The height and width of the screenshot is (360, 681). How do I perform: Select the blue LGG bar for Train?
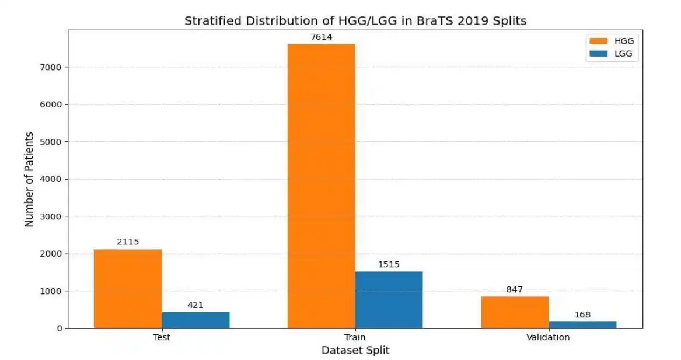click(389, 300)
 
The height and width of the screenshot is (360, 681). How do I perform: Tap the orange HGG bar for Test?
click(128, 288)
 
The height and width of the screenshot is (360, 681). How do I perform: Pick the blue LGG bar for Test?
click(195, 320)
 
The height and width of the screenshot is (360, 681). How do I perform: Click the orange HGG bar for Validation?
click(515, 312)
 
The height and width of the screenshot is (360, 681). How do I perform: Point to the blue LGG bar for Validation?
click(582, 324)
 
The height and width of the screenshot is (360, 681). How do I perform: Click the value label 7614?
click(321, 36)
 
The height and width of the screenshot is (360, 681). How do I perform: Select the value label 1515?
click(389, 264)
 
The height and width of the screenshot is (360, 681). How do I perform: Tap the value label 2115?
click(128, 242)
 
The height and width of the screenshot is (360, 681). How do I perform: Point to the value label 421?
click(195, 305)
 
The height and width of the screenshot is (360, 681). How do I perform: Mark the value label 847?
click(515, 289)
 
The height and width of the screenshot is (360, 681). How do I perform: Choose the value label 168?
click(582, 314)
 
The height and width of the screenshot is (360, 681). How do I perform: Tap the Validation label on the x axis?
click(548, 337)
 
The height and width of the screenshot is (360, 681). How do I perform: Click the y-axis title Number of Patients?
click(29, 180)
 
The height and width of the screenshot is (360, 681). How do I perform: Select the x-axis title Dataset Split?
click(355, 350)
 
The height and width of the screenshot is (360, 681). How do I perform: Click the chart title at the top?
click(355, 21)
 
